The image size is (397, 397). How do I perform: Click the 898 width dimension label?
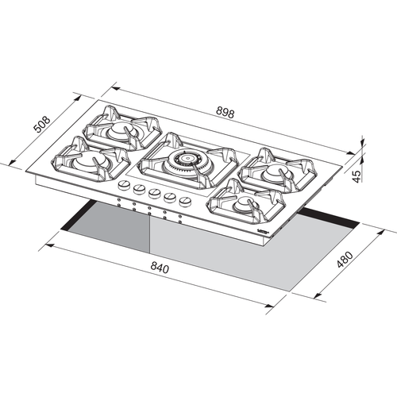coord(225,112)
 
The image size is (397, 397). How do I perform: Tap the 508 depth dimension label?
coord(42,124)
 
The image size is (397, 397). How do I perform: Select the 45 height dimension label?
coord(357,176)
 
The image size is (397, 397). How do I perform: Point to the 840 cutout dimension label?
coord(160,268)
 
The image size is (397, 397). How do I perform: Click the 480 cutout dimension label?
coord(345,260)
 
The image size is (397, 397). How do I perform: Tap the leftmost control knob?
coord(124,184)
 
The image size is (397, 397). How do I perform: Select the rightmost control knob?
coord(185,202)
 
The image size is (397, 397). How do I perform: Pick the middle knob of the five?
coord(154,193)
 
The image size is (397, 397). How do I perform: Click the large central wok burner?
coord(187,160)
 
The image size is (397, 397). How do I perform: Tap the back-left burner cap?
coord(121,130)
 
